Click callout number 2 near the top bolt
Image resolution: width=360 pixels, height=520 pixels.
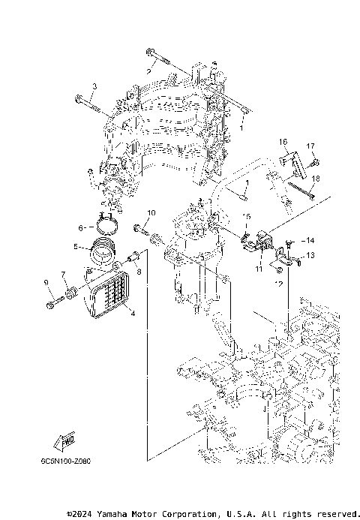(x=148, y=71)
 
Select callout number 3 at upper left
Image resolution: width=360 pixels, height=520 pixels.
(x=94, y=87)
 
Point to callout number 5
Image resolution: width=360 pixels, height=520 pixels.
(x=75, y=245)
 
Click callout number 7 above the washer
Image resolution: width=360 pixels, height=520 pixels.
(x=63, y=274)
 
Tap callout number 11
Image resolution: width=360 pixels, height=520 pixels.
(x=257, y=268)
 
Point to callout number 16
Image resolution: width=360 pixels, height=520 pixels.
(x=284, y=141)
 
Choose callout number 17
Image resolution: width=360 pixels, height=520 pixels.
(x=310, y=146)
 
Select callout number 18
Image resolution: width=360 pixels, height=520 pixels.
(x=316, y=178)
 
